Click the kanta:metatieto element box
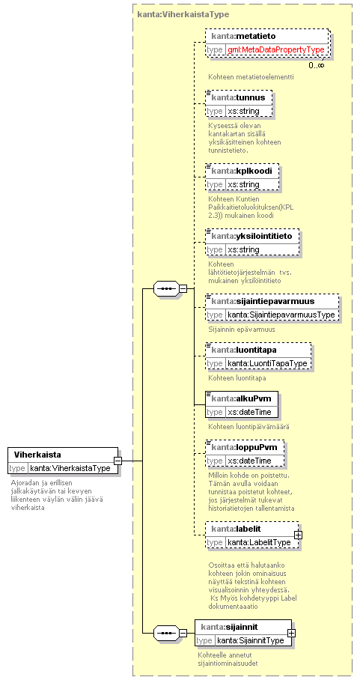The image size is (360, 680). tap(267, 43)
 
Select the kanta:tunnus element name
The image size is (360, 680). tap(238, 97)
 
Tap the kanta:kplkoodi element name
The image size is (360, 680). tap(242, 171)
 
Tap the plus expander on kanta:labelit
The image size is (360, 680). tap(298, 536)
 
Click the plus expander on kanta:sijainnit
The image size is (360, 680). tap(292, 633)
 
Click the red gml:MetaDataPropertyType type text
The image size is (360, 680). tap(276, 50)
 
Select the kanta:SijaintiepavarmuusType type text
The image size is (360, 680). tap(281, 315)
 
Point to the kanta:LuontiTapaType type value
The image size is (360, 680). tap(268, 362)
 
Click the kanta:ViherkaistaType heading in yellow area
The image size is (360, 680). tap(183, 14)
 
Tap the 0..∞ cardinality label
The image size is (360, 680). tap(317, 65)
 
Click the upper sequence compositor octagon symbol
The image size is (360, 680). tap(166, 288)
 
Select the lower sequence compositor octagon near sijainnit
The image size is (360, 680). tap(166, 633)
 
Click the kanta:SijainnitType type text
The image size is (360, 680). tap(251, 640)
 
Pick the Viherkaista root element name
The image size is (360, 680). tap(37, 455)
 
